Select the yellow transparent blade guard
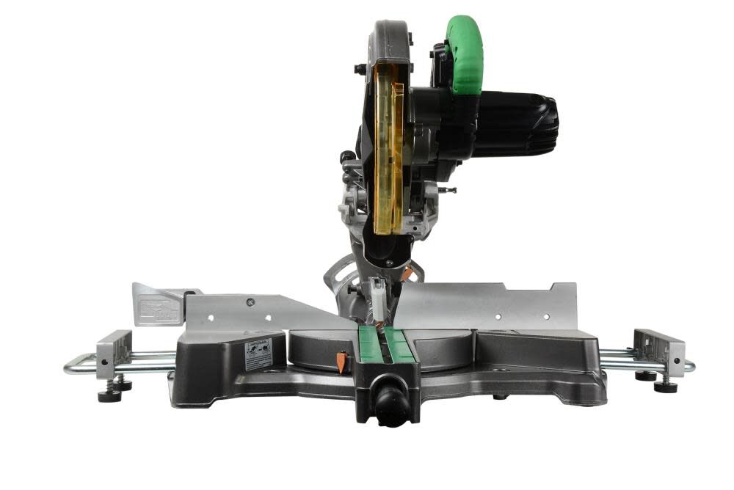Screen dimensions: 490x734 (x=387, y=147)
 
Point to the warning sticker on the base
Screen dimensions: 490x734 (x=258, y=354)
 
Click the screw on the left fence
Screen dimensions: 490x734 (x=250, y=301)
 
